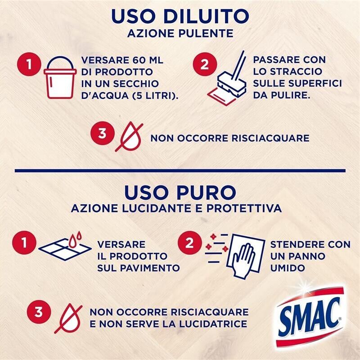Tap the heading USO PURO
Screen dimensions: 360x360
pos(180,192)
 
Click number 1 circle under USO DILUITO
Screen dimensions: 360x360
pos(30,65)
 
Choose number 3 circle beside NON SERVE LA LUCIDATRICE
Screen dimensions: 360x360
pos(39,312)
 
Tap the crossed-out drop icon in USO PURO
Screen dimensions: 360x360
pos(68,318)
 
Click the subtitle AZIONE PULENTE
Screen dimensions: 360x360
pos(180,34)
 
